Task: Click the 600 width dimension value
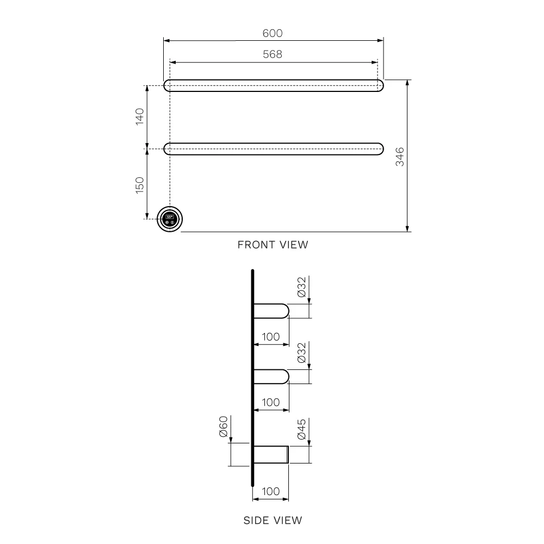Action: click(x=273, y=33)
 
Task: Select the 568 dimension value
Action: click(x=273, y=54)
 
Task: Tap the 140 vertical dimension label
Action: click(x=139, y=117)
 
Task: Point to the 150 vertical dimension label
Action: click(x=139, y=185)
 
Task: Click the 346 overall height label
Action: click(x=400, y=156)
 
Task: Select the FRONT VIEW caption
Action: click(x=273, y=245)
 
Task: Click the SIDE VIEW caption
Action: click(x=273, y=521)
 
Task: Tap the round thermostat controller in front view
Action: click(x=170, y=219)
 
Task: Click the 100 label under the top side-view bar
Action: click(x=270, y=337)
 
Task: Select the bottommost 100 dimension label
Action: click(x=270, y=491)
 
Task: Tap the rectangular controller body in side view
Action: click(x=271, y=454)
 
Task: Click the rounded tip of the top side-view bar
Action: click(x=285, y=311)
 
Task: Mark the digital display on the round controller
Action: click(x=170, y=216)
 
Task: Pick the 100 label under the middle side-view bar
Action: click(x=270, y=402)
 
